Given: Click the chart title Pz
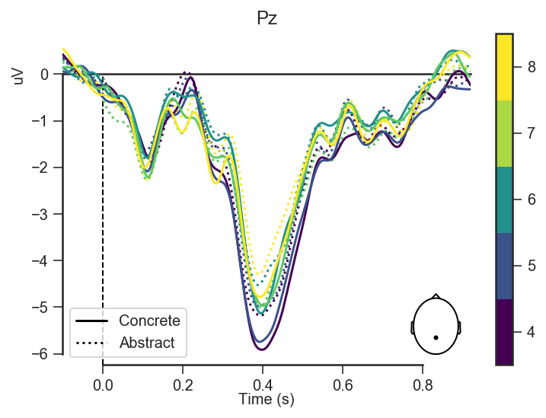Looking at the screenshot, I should click(x=267, y=18).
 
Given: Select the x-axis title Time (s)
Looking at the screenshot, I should click(x=266, y=399).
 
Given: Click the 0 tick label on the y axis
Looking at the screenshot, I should click(x=46, y=74).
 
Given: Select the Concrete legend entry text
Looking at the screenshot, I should click(x=149, y=321).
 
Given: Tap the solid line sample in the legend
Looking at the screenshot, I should click(x=91, y=321).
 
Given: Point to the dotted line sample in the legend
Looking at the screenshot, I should click(x=91, y=343).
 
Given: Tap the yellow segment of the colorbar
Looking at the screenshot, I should click(x=503, y=66).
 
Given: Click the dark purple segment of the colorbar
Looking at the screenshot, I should click(x=503, y=332).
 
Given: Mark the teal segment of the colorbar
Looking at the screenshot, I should click(x=503, y=199).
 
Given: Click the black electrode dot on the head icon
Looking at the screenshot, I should click(x=436, y=337).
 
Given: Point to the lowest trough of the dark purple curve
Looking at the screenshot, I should click(x=262, y=349).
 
